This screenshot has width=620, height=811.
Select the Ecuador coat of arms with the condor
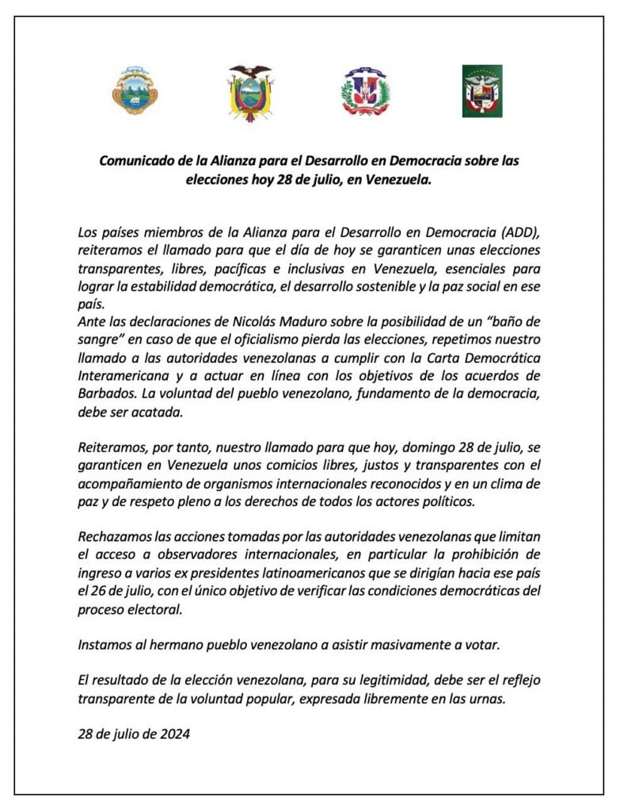click(250, 91)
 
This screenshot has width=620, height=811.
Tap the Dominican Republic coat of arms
click(366, 91)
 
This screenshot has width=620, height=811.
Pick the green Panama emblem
click(482, 91)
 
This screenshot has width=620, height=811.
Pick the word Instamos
click(105, 644)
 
